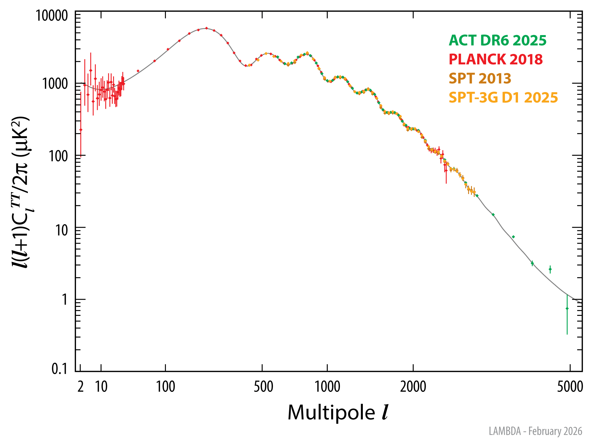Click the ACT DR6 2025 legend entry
[x=497, y=40]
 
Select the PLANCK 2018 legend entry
[x=495, y=59]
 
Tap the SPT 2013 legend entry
[x=480, y=78]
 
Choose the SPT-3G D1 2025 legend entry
[x=503, y=97]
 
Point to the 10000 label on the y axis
[x=52, y=16]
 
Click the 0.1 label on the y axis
[x=59, y=369]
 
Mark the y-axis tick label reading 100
[x=58, y=156]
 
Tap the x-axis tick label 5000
[x=570, y=387]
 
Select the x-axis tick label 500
[x=263, y=387]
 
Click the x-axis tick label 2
[x=81, y=387]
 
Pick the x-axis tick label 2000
[x=413, y=387]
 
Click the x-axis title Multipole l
[x=338, y=412]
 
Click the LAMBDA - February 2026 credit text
[x=535, y=431]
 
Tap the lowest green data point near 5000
[x=567, y=308]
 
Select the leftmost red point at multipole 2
[x=81, y=130]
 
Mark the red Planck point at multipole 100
[x=168, y=49]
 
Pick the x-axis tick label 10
[x=101, y=387]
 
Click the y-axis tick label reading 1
[x=64, y=299]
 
